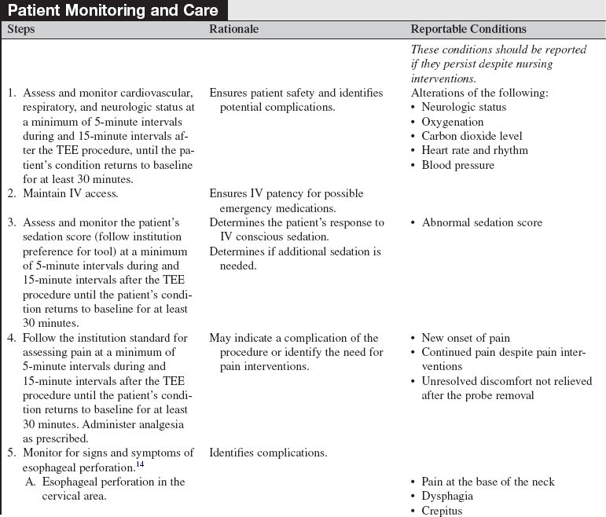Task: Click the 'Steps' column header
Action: coord(21,29)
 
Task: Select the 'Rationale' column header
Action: coord(233,29)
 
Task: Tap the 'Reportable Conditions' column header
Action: coord(468,29)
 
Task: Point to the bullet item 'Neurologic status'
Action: coord(464,107)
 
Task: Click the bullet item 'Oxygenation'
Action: coord(452,122)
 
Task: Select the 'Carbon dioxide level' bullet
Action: coord(472,136)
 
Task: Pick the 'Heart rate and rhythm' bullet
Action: coord(475,150)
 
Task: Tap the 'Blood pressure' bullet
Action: coord(457,165)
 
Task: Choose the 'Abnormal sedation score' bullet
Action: coord(481,222)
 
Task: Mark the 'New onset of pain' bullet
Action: coord(465,338)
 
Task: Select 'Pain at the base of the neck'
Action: coord(487,482)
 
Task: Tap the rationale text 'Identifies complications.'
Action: coord(268,453)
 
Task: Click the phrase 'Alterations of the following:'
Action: coord(479,93)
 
